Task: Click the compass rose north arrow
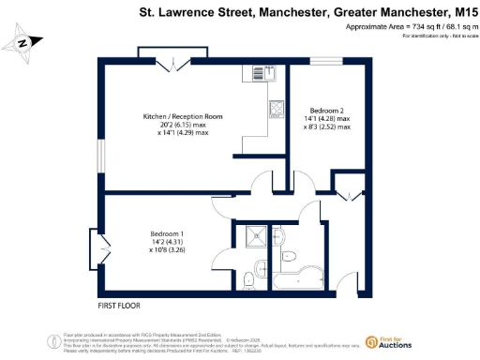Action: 26,42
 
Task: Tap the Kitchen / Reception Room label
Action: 175,116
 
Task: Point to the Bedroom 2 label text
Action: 322,111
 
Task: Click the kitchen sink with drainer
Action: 277,110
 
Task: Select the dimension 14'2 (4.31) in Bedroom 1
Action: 167,243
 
